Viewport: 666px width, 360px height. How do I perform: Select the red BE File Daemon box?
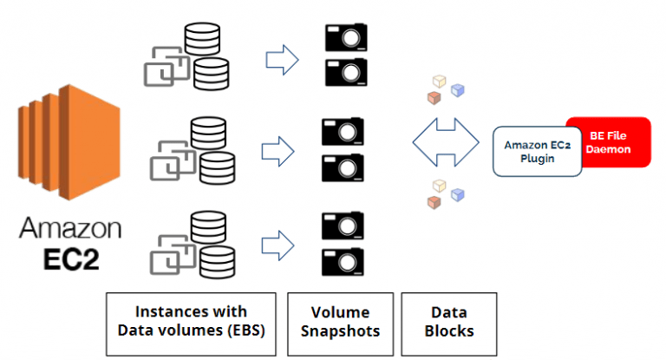click(609, 142)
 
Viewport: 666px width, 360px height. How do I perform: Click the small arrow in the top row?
click(281, 60)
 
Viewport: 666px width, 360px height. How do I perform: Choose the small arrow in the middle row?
click(281, 148)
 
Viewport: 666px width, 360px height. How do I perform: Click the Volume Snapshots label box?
click(339, 323)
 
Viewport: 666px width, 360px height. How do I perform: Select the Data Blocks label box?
click(448, 323)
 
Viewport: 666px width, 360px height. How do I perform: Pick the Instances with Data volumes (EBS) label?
click(191, 323)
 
